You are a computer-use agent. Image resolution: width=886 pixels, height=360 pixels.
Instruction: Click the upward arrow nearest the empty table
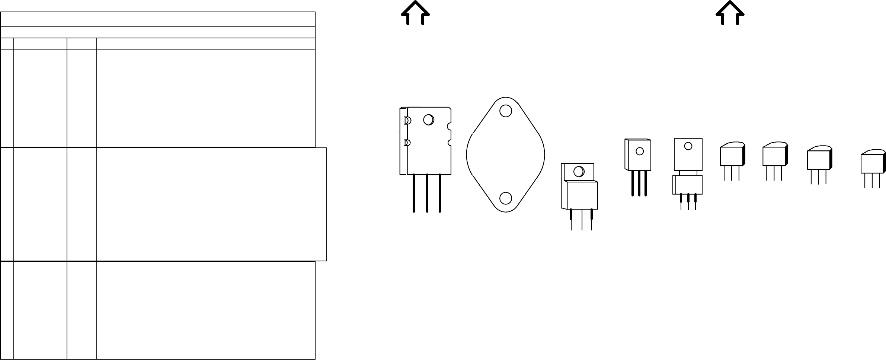(x=415, y=13)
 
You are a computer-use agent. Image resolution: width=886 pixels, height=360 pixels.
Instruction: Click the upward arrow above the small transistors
(x=730, y=13)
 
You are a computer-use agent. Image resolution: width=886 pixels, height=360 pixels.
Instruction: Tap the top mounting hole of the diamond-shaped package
(x=505, y=111)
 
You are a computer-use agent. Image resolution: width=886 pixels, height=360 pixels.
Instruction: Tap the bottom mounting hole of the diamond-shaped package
(x=505, y=198)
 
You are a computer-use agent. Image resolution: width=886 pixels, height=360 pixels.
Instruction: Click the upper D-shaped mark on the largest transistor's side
(x=407, y=121)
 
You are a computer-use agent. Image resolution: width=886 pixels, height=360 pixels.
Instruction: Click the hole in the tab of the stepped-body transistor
(x=579, y=172)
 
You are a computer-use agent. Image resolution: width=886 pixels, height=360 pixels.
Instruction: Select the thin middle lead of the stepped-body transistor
(x=582, y=220)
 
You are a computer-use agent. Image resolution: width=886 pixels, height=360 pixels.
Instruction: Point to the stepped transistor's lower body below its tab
(x=582, y=195)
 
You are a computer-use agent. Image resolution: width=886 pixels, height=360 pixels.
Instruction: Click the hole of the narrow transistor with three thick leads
(x=640, y=151)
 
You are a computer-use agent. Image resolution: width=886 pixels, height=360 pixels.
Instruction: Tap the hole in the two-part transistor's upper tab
(x=688, y=146)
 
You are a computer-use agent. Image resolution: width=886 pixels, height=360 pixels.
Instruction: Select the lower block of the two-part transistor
(x=688, y=185)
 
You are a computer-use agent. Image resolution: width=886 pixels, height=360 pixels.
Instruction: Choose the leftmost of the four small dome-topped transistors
(x=732, y=156)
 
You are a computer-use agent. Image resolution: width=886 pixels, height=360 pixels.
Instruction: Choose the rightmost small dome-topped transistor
(x=872, y=163)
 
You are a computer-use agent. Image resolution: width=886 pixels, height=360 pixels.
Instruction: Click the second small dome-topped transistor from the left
(x=774, y=156)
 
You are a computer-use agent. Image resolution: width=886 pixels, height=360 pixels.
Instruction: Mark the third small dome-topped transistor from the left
(x=818, y=159)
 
